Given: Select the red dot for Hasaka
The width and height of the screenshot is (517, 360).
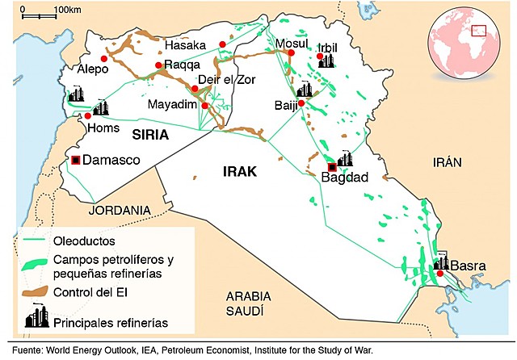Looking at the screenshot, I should coord(222,44).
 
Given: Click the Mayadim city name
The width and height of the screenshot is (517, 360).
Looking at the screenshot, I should coord(172,104).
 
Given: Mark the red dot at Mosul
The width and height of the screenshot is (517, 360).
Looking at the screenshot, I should coord(292,54).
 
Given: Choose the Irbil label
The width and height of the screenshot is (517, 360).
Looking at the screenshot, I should coord(330,48).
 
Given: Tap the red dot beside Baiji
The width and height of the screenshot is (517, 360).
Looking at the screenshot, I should coord(301,103).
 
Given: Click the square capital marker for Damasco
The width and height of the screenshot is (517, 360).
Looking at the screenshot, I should coord(76,160).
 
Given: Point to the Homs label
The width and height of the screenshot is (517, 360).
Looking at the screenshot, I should coord(104,128).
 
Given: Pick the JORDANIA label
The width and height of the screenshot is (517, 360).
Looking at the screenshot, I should coord(120,210).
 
